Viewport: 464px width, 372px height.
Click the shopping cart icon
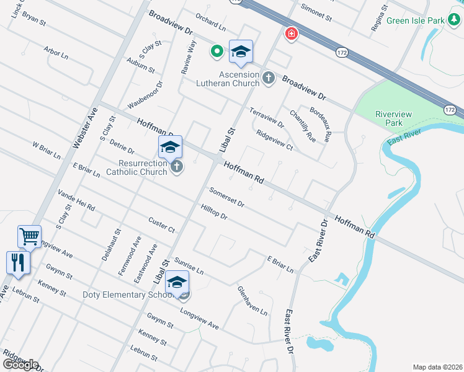pos(29,236)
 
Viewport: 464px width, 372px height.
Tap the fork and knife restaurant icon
pos(18,262)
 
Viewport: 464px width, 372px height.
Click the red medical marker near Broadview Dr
pos(290,34)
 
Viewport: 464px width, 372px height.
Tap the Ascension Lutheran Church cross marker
pos(268,77)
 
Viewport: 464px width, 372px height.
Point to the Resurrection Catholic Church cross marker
pos(177,167)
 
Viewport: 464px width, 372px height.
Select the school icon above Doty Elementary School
pos(177,281)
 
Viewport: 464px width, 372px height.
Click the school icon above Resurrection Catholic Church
pos(170,147)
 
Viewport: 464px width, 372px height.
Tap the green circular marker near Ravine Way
pos(217,51)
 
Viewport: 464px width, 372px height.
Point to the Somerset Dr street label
pos(226,197)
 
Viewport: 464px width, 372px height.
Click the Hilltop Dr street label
pos(214,212)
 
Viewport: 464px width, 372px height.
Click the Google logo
pos(20,365)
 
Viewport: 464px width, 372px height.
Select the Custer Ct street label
pos(162,225)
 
